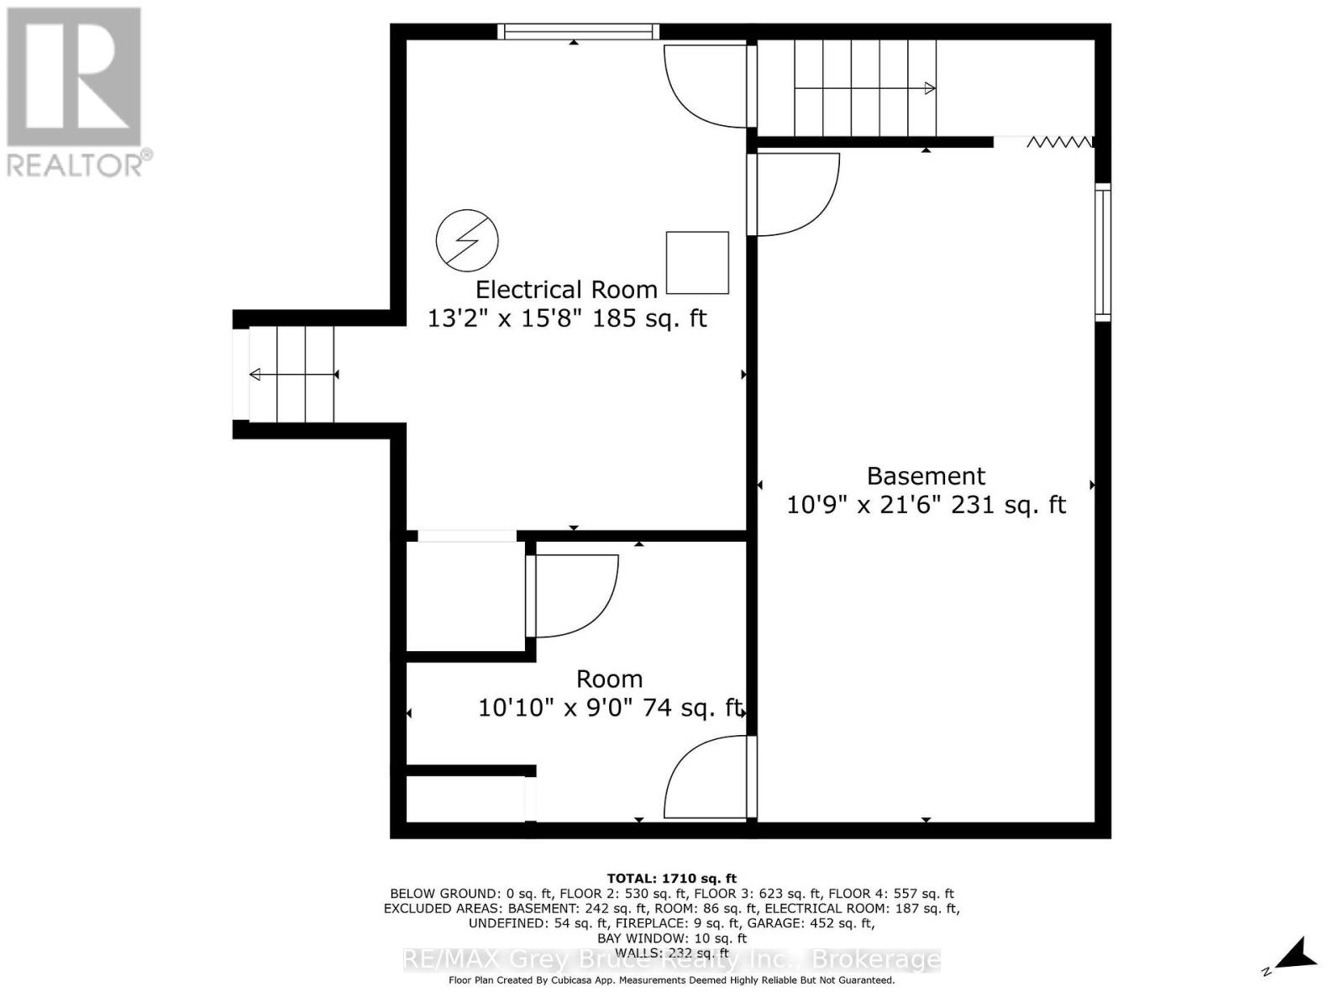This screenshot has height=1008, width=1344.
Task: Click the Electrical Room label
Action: tap(566, 290)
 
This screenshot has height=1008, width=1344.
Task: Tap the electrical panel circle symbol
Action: tap(467, 241)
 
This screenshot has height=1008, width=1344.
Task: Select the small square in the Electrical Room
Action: tap(697, 262)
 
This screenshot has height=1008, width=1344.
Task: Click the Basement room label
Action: tap(926, 476)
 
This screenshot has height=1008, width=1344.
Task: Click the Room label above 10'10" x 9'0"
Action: tap(609, 679)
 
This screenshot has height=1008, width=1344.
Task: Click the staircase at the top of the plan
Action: tap(865, 87)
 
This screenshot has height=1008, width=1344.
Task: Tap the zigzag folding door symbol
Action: tap(1059, 142)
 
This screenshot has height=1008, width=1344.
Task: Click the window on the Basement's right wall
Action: tap(1102, 252)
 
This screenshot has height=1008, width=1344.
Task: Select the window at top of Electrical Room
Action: tap(577, 32)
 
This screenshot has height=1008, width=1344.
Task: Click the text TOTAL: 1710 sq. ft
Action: tap(671, 879)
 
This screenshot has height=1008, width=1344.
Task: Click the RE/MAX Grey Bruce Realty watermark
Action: tap(671, 959)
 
